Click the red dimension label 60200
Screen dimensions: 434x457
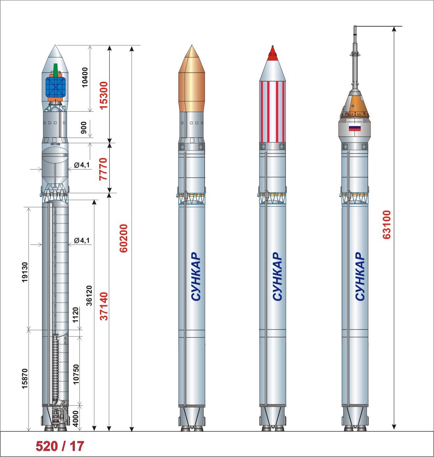click(x=124, y=238)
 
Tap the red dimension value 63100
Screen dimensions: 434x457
click(x=387, y=224)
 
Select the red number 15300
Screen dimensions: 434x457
click(x=104, y=95)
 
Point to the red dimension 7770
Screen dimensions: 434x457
click(x=103, y=169)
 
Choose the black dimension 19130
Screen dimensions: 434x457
click(x=25, y=272)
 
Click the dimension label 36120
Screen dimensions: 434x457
click(x=89, y=295)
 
